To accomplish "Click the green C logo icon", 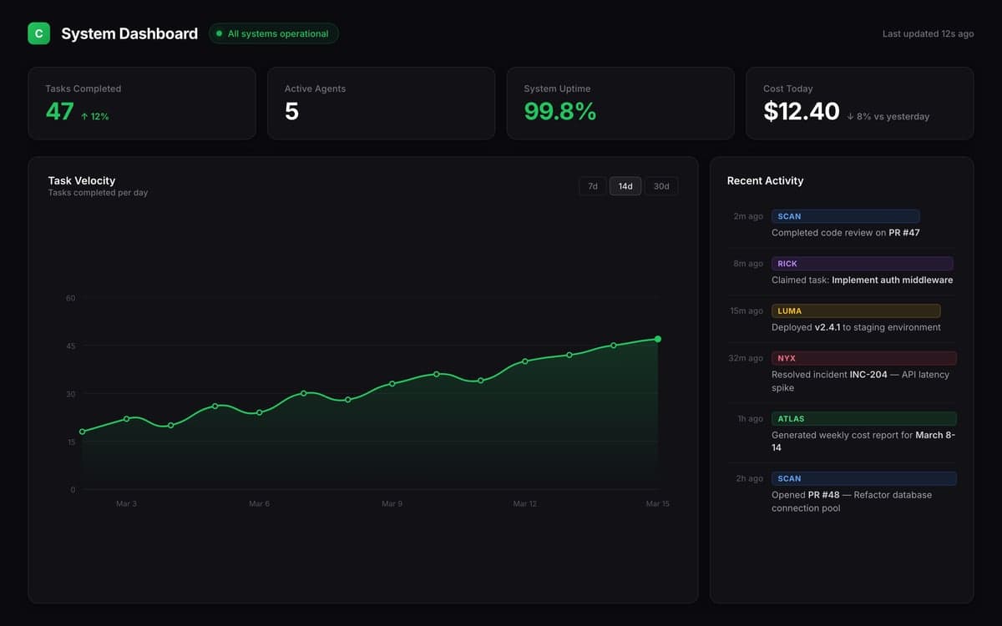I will (38, 33).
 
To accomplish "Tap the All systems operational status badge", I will (273, 33).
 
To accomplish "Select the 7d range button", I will (592, 186).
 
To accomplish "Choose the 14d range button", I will (625, 186).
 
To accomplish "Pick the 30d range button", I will (661, 186).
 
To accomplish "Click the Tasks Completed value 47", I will (60, 112).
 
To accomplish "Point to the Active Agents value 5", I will (291, 112).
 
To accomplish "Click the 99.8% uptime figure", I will (560, 112).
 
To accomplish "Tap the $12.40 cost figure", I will (801, 112).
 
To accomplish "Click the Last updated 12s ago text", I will (928, 34).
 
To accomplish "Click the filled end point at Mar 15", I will (658, 339).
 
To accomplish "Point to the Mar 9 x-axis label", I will (392, 504).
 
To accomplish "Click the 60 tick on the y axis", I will (70, 298).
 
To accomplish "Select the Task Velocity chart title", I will (82, 180).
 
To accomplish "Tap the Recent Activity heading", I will (765, 180).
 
